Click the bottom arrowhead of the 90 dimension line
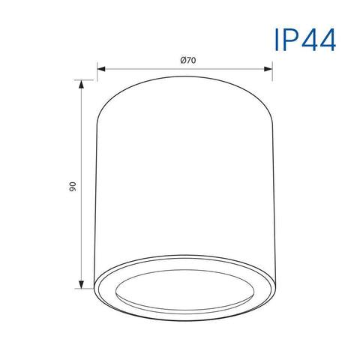tap(81, 284)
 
